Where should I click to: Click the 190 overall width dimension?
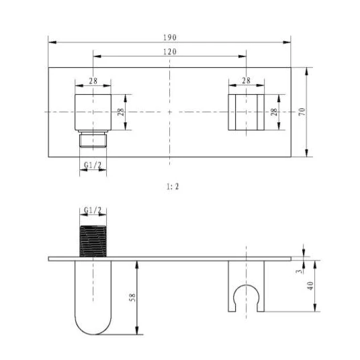pyautogui.click(x=170, y=38)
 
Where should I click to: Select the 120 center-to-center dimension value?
pyautogui.click(x=170, y=52)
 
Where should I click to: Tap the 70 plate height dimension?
pyautogui.click(x=303, y=111)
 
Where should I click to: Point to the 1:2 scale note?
pyautogui.click(x=173, y=187)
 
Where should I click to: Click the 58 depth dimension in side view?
pyautogui.click(x=132, y=298)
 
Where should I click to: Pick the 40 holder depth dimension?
pyautogui.click(x=310, y=286)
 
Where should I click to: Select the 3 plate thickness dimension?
pyautogui.click(x=299, y=271)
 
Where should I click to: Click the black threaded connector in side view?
pyautogui.click(x=93, y=241)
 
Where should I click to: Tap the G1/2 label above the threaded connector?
pyautogui.click(x=93, y=210)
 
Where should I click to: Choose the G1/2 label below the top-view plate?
pyautogui.click(x=93, y=165)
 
